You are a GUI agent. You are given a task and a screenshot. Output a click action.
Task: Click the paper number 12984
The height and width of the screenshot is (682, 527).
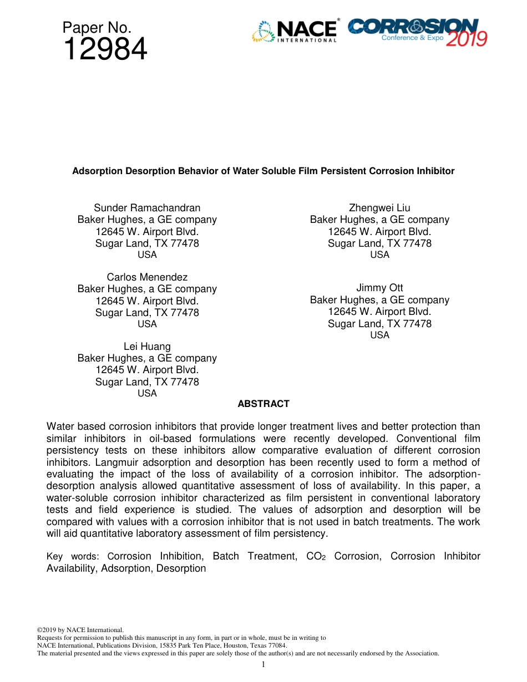click(105, 50)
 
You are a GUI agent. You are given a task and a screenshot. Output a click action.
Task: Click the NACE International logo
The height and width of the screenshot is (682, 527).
click(295, 31)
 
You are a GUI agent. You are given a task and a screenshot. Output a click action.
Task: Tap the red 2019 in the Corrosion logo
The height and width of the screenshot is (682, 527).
click(467, 39)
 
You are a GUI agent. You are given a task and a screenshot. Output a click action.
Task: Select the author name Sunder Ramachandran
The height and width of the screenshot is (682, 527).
click(147, 208)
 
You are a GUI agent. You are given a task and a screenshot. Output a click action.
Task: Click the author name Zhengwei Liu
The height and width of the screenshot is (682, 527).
click(379, 208)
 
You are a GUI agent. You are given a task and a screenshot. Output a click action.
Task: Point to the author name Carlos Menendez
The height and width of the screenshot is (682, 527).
click(147, 277)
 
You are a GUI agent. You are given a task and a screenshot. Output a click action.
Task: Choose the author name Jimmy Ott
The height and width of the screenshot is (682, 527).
click(379, 288)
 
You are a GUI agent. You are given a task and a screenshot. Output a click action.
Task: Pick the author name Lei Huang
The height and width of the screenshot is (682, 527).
click(147, 347)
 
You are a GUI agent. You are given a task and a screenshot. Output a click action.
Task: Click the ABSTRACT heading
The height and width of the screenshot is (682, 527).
click(263, 404)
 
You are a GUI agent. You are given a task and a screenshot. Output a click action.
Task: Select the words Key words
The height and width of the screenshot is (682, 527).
click(72, 556)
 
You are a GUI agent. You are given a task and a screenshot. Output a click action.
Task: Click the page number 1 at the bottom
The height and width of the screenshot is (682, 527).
click(263, 664)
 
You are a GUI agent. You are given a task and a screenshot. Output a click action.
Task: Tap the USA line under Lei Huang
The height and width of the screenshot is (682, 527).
click(147, 393)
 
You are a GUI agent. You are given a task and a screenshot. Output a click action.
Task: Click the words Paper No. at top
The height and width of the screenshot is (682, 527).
click(97, 27)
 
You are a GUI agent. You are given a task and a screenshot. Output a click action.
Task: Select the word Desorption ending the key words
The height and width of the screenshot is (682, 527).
click(181, 568)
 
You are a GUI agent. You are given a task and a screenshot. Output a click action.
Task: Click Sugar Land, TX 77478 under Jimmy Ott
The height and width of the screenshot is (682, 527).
click(379, 323)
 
